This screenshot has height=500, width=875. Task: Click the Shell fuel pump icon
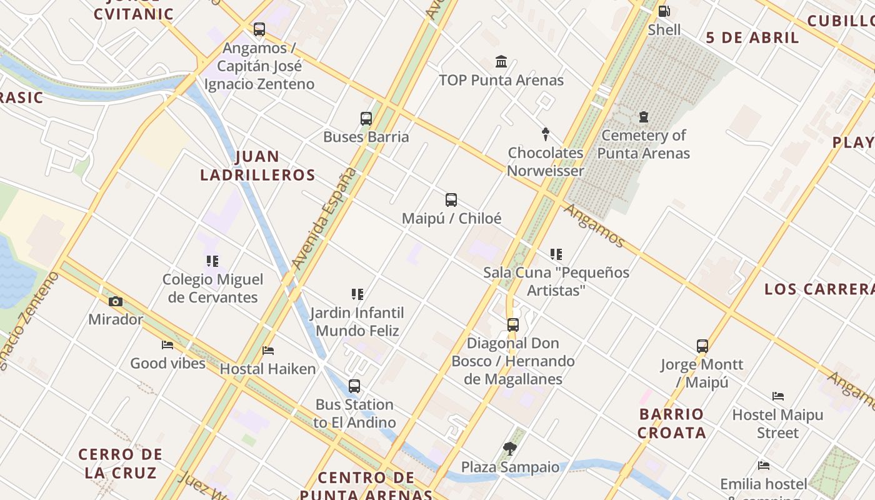664,11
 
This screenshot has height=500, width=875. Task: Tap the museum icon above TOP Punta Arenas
501,61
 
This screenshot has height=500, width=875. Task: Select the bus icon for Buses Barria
366,118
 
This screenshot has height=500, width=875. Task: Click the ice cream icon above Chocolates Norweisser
546,134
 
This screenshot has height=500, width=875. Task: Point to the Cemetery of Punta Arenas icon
643,117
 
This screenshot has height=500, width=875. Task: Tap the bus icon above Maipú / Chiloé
451,200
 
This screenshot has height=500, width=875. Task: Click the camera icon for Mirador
116,301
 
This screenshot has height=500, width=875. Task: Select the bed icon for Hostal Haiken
268,351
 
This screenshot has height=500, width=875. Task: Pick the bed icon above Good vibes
167,345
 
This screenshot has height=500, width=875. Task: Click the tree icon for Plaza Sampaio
510,448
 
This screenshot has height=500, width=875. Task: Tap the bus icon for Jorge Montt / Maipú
702,346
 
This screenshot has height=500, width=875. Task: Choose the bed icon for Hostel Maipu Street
778,396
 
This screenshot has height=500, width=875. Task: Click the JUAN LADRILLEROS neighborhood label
258,166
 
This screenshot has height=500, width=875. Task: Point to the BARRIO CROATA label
672,423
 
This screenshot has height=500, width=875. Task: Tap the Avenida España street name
325,219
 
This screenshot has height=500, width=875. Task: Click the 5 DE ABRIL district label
752,37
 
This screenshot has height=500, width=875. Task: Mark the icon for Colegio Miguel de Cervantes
212,261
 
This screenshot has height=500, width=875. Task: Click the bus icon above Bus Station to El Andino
354,386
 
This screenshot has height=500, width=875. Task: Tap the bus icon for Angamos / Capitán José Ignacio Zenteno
259,29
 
